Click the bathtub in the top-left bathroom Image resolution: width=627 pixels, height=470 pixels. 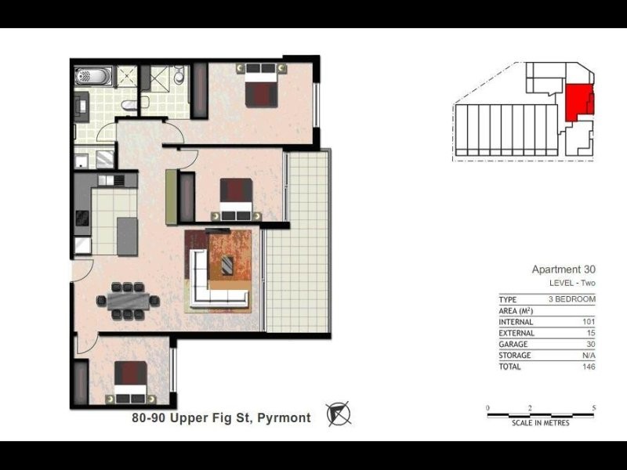click(x=93, y=78)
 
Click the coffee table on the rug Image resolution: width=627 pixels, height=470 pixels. click(x=227, y=265)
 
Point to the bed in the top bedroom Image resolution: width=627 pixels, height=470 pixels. click(x=261, y=86)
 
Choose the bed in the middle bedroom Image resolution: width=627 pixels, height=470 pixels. click(x=236, y=199)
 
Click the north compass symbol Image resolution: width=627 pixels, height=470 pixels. click(x=339, y=413)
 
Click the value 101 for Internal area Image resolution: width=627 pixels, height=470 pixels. click(x=589, y=322)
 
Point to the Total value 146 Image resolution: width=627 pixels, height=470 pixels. click(x=589, y=366)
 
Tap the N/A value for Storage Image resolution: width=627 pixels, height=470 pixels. click(x=589, y=355)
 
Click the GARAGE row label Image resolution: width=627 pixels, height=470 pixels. click(x=514, y=344)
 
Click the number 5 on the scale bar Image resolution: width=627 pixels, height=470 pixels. click(x=595, y=408)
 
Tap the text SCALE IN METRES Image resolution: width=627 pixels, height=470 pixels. click(x=541, y=424)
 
